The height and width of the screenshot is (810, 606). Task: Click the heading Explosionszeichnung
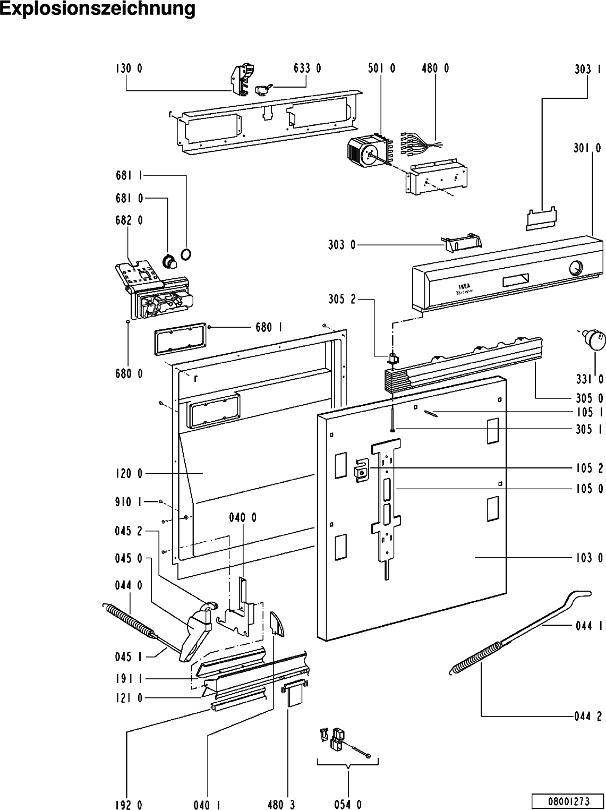coord(98,9)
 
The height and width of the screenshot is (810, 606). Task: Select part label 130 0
coord(129,68)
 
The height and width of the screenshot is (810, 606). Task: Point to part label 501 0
coord(381,68)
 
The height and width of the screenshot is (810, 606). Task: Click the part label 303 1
coord(588,69)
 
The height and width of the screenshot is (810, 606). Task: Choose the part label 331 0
coord(590,379)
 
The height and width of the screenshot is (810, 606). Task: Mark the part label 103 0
coord(589,558)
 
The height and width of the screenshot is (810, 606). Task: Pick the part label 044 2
coord(588,717)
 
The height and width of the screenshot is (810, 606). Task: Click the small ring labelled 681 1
coord(186,255)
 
